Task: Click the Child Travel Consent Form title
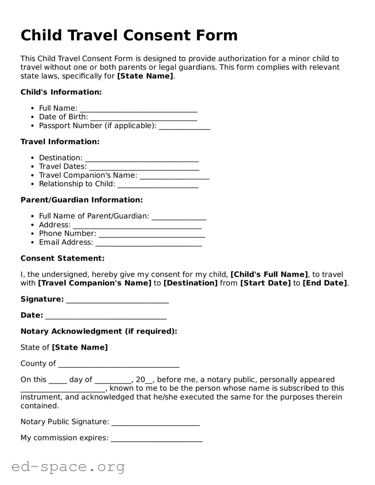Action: pos(129,35)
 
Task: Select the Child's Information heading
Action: pos(61,92)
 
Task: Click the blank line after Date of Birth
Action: pos(143,117)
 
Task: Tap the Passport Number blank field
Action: pos(184,126)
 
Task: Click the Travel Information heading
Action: pos(60,142)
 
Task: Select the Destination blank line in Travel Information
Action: pos(142,158)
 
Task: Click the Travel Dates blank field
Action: pos(144,167)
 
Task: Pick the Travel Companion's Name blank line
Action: pos(174,175)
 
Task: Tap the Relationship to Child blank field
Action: pos(158,184)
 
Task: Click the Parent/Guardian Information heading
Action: pos(82,200)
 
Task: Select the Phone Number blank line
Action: pos(151,234)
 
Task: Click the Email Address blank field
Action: pos(148,242)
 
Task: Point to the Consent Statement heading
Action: pos(62,258)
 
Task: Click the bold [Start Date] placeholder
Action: pos(265,283)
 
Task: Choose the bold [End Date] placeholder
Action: pos(325,283)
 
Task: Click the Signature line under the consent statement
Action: pos(117,299)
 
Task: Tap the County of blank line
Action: pos(119,364)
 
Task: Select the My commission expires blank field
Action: pos(156,438)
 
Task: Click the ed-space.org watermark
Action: pos(68,467)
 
